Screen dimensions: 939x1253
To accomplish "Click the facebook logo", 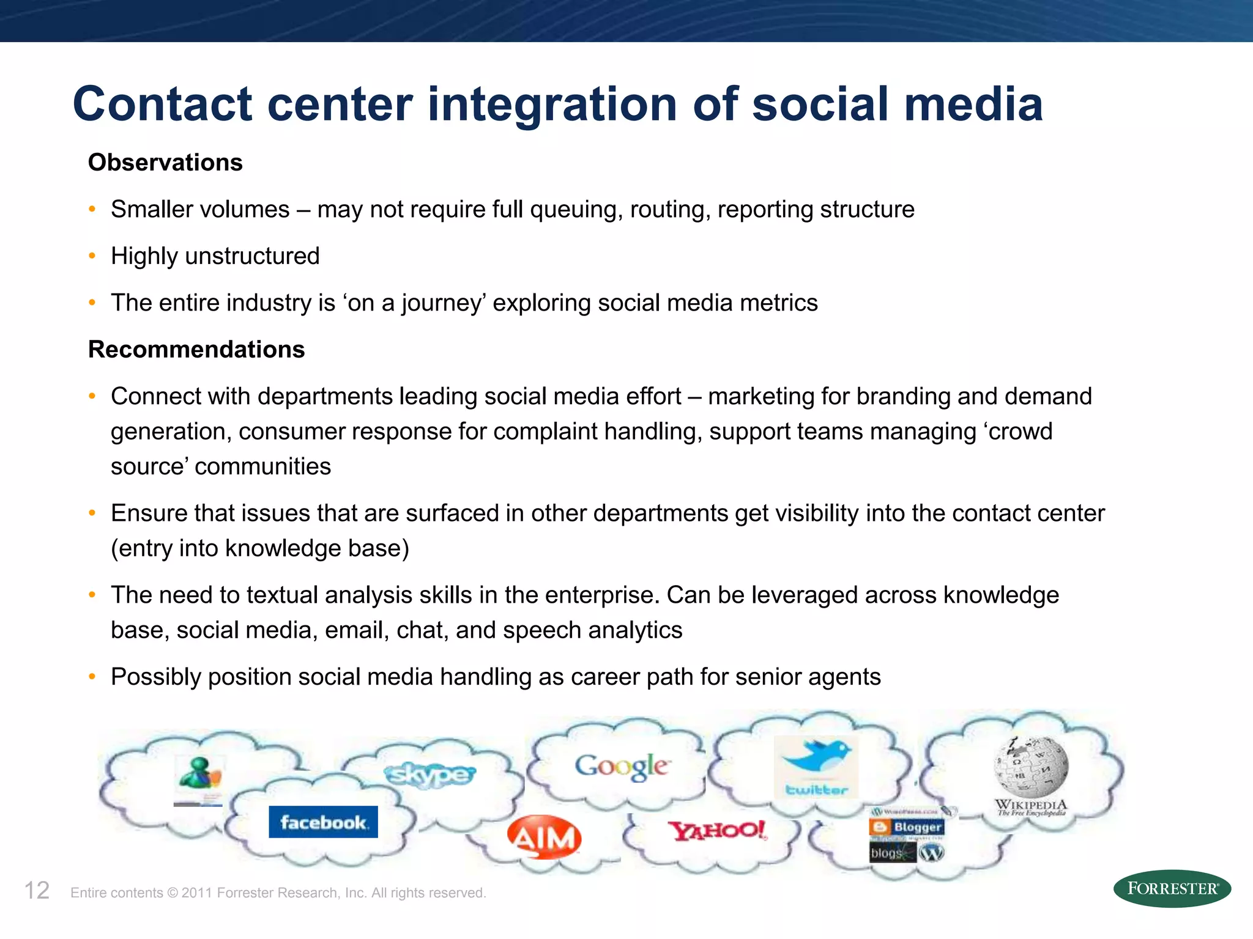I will [323, 822].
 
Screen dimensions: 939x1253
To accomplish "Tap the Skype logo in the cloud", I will [429, 775].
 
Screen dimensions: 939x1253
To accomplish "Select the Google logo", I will [622, 766].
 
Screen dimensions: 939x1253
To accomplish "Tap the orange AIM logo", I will [544, 838].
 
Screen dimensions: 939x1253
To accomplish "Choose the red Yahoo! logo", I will [717, 831].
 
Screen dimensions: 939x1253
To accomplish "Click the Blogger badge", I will [907, 827].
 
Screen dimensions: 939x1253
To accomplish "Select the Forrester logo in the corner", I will [1172, 888].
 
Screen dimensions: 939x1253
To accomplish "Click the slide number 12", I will [37, 891].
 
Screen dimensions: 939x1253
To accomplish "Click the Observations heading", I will [165, 163].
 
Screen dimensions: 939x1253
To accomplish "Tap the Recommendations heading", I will [196, 350].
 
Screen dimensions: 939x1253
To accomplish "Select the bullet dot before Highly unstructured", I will [92, 256].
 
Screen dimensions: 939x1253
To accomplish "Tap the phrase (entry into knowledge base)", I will [260, 548].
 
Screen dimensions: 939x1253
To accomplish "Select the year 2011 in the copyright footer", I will [196, 893].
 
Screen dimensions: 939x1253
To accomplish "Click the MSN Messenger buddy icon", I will [199, 773].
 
